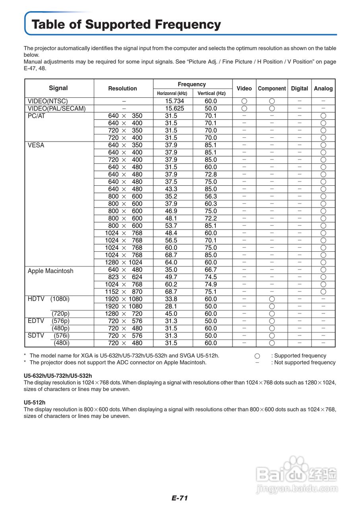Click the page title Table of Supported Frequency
[126, 25]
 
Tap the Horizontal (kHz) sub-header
[172, 93]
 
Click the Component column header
[272, 88]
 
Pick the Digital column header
[299, 88]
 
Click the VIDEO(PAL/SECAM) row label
[56, 109]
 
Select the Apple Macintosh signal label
[50, 271]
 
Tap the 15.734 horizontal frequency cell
[174, 101]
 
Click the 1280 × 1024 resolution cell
[124, 262]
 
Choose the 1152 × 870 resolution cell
[124, 291]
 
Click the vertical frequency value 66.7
[211, 270]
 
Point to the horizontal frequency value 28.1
[171, 306]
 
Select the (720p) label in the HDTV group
[60, 314]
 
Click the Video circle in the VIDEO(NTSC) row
[244, 101]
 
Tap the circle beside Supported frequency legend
[257, 356]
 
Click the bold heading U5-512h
[35, 402]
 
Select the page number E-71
[180, 498]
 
